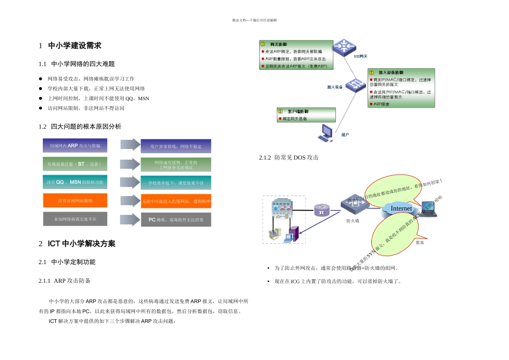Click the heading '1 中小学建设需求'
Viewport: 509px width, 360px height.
[70, 46]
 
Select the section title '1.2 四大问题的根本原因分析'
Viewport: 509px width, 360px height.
[80, 126]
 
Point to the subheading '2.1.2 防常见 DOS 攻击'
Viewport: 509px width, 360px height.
[289, 157]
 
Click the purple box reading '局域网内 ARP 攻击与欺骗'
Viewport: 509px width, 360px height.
[75, 145]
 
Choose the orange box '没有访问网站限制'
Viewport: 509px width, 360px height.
[75, 200]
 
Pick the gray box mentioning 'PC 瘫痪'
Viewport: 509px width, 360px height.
[176, 220]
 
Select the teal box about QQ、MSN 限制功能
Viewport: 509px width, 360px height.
[75, 182]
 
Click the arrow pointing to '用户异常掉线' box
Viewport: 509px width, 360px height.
[130, 145]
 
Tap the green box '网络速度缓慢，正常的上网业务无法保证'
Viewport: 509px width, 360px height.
[176, 164]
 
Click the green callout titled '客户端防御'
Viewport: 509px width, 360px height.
[306, 115]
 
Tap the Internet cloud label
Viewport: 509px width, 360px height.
[401, 208]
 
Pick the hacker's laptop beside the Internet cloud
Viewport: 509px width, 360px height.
[429, 209]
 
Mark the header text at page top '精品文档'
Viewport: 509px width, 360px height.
[254, 20]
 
